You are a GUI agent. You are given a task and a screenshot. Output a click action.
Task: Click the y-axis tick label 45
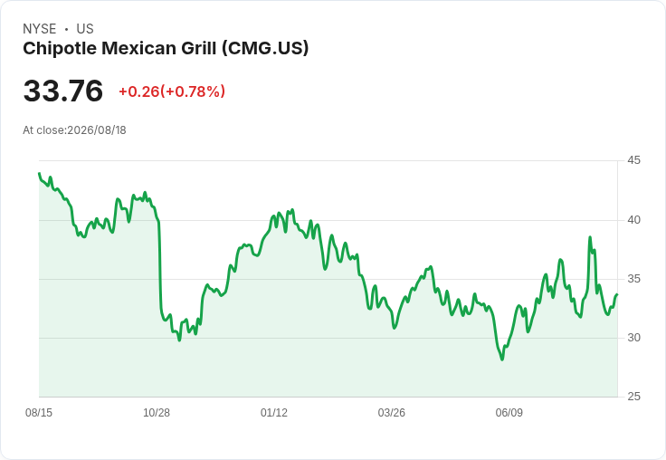click(633, 160)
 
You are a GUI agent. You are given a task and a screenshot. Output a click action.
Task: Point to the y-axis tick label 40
click(633, 220)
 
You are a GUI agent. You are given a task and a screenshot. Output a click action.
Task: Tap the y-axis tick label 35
click(633, 279)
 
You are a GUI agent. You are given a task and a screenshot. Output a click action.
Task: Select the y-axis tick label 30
click(633, 338)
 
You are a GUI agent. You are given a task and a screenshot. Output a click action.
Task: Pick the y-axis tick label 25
click(633, 397)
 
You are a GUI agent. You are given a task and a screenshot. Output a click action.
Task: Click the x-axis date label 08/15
click(39, 413)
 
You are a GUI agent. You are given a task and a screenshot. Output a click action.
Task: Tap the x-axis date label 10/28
click(157, 413)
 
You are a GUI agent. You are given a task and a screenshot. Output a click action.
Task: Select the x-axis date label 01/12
click(274, 413)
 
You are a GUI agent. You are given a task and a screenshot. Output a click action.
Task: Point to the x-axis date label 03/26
click(391, 413)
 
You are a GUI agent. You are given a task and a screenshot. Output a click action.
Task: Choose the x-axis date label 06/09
click(509, 413)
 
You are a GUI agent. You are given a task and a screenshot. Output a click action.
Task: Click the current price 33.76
click(62, 91)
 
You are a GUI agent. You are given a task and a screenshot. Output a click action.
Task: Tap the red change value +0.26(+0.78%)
click(172, 91)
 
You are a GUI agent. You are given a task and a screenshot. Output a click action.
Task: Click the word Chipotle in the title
click(59, 49)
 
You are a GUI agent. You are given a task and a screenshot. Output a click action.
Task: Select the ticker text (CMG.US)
click(264, 49)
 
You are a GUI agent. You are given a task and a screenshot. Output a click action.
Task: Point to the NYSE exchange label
click(40, 29)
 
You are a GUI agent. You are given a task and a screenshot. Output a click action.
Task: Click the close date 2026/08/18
click(97, 130)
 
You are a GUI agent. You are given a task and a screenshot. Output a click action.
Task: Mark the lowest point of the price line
click(502, 359)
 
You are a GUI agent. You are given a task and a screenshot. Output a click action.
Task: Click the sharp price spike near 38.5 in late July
click(590, 237)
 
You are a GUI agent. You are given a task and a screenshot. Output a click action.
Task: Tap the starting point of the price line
click(39, 174)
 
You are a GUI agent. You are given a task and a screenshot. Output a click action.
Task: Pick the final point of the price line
click(617, 294)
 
